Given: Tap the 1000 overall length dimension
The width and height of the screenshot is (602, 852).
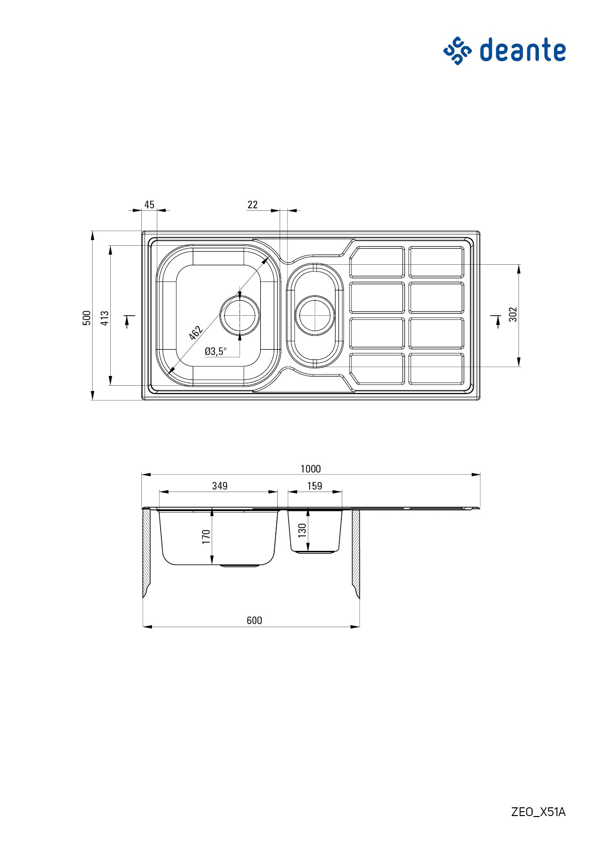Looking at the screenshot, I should [x=310, y=469].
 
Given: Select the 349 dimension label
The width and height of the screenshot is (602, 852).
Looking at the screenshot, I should [x=219, y=486].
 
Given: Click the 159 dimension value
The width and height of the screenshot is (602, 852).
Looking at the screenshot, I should [x=315, y=486].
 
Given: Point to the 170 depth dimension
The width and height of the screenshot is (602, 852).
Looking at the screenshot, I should [x=206, y=537].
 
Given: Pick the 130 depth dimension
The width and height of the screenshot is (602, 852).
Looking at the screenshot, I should [x=302, y=530].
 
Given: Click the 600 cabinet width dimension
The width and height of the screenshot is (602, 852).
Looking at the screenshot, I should [x=254, y=620].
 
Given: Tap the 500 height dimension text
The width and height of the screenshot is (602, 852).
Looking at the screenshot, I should [x=86, y=318].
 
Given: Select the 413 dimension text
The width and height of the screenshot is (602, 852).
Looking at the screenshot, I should [x=104, y=318].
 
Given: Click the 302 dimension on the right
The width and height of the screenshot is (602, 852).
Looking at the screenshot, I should [x=513, y=314].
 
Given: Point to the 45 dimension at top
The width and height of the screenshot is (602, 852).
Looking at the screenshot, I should [x=149, y=204].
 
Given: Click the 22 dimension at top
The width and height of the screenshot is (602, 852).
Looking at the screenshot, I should [x=252, y=204].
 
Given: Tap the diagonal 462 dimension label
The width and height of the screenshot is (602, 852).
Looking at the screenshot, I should [x=195, y=333].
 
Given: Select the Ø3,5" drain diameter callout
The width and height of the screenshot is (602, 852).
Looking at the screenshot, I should [x=216, y=351].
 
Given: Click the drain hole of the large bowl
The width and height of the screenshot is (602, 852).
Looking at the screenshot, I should [x=240, y=315].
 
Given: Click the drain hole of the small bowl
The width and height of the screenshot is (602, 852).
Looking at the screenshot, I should [x=316, y=315].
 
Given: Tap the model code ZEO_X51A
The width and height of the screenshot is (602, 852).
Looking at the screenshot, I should [x=538, y=812].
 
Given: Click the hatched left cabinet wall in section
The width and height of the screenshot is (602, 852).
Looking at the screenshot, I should [x=147, y=551].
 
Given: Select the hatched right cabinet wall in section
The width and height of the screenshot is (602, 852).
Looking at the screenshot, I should [x=356, y=551].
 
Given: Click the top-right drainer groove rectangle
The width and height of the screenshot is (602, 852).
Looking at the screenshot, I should [x=436, y=262].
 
